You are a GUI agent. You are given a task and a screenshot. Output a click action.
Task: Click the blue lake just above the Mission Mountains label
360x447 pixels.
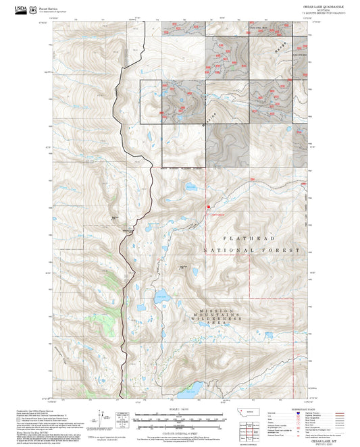click(x=162, y=294)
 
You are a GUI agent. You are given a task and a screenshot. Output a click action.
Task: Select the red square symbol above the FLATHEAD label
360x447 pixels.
click(x=209, y=207)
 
